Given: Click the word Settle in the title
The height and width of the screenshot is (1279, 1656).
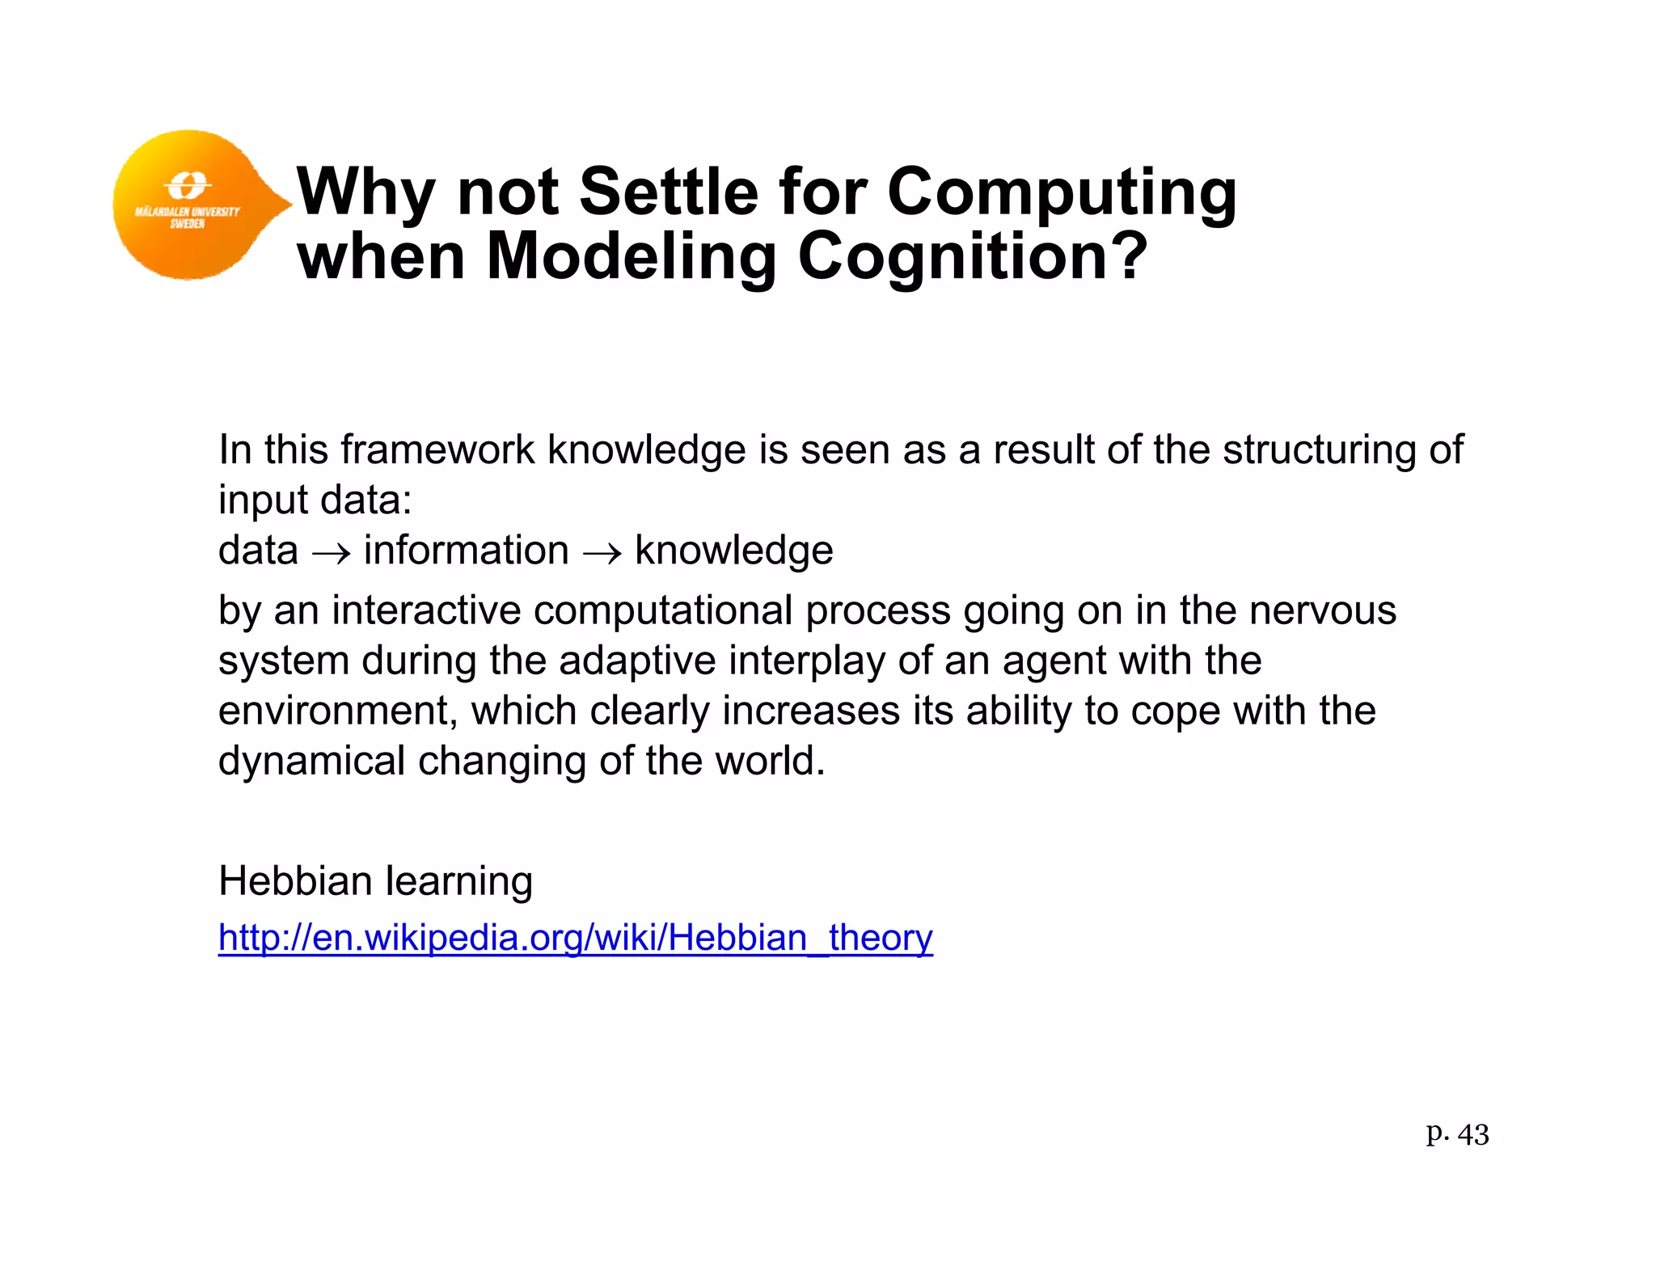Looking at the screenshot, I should click(670, 192).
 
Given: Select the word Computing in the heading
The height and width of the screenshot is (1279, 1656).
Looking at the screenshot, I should click(1062, 193).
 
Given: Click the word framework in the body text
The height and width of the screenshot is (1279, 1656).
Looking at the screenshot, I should click(437, 450).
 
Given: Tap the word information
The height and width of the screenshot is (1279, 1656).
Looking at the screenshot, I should click(467, 551).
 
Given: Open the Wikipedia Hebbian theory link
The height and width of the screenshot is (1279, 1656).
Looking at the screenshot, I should click(575, 939).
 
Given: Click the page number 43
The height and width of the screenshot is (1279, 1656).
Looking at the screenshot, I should click(1472, 1135).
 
